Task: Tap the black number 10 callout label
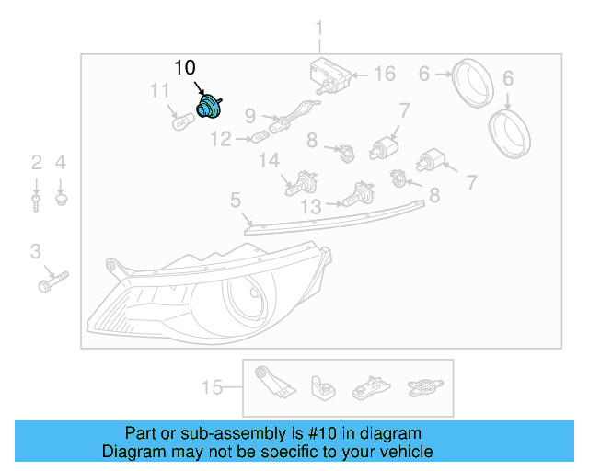click(185, 68)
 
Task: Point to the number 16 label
click(383, 75)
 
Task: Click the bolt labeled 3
click(54, 281)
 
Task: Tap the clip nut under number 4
click(61, 198)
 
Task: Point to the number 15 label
click(212, 387)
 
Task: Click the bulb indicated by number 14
click(299, 185)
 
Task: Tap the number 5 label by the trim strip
click(236, 200)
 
